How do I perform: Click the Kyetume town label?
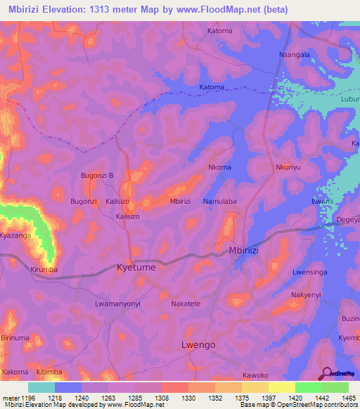pos(136,268)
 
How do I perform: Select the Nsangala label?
pos(295,54)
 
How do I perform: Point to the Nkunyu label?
pos(288,168)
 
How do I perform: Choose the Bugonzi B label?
pos(97,175)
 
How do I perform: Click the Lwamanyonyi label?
pos(118,304)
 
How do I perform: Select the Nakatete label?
pos(186,304)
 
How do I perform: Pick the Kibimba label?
pos(50,371)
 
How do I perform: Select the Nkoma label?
pos(220,167)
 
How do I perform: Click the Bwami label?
pos(322,202)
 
